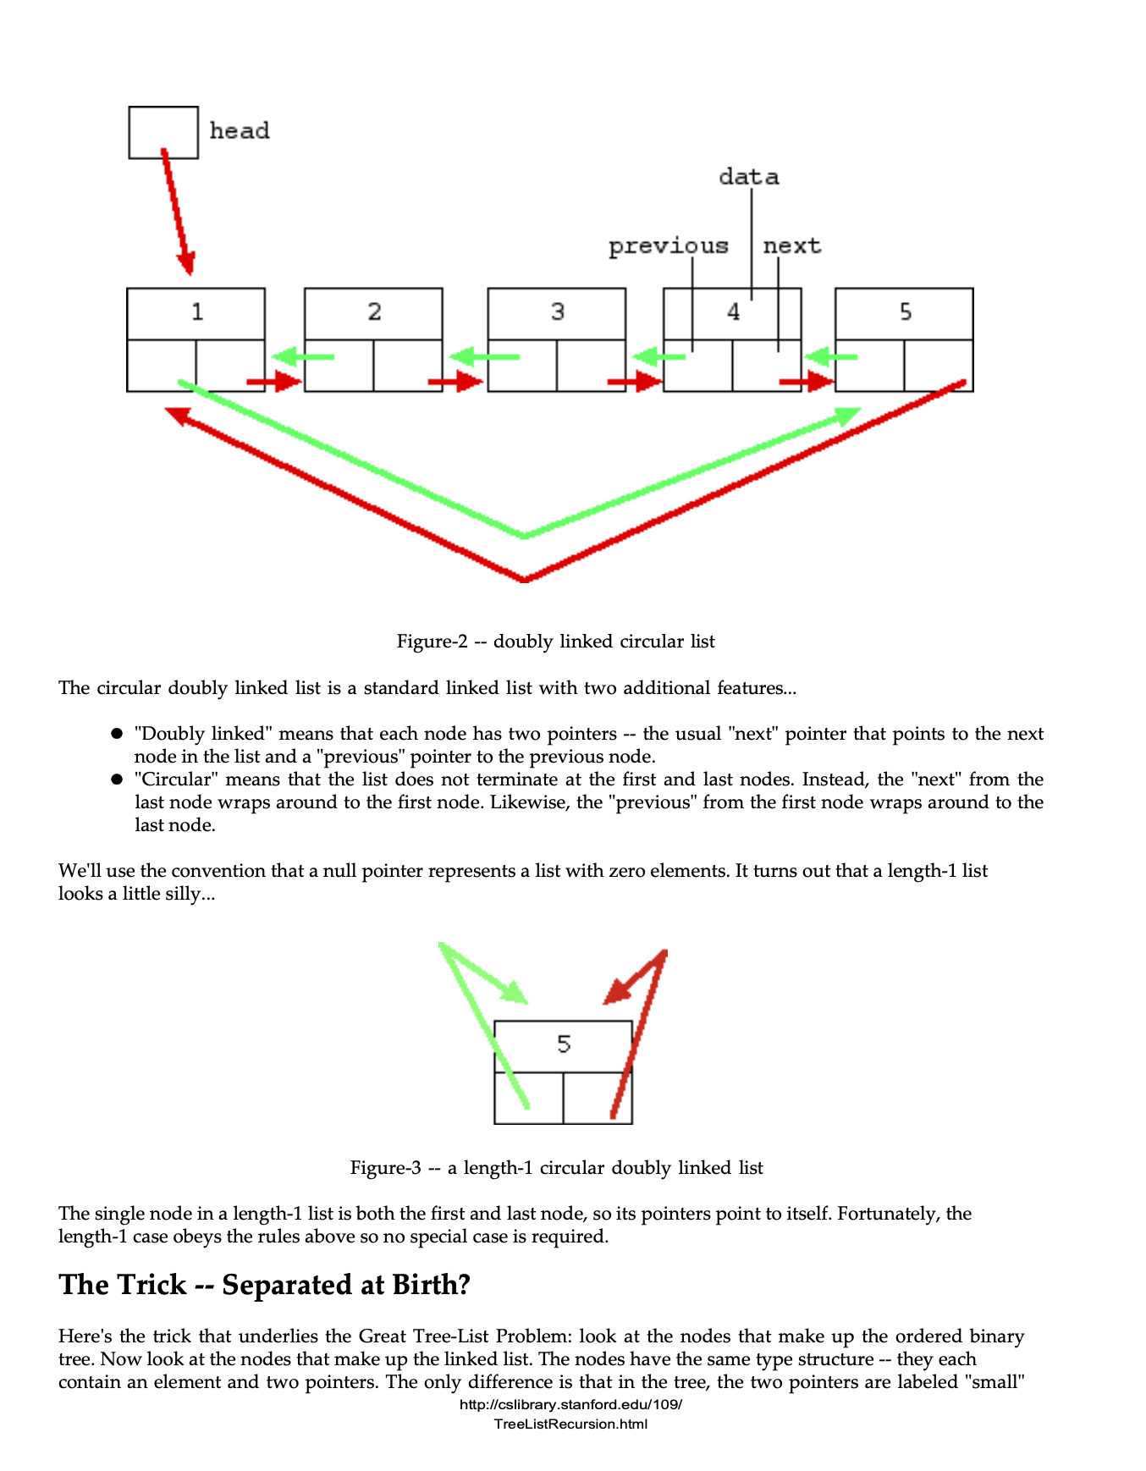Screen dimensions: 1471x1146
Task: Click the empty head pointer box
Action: pos(163,132)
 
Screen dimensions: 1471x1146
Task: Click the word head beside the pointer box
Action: pos(240,131)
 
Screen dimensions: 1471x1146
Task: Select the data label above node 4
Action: pos(748,177)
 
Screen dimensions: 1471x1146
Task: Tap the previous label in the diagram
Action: pos(668,246)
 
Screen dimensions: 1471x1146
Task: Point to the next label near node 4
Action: pos(791,246)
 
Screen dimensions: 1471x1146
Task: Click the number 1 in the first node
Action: pos(197,312)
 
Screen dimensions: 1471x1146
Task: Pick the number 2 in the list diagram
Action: pos(374,312)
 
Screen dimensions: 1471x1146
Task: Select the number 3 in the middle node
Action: pos(557,312)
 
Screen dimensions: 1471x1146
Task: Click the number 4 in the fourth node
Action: pos(733,312)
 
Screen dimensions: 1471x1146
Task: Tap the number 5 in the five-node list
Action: pos(905,312)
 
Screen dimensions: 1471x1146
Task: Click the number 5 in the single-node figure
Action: pos(564,1044)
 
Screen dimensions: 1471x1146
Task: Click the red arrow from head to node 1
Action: pos(177,212)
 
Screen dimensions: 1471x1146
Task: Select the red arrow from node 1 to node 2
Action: pos(273,382)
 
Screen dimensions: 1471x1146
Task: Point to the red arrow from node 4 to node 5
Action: pos(805,382)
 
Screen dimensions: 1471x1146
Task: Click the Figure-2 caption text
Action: pos(555,642)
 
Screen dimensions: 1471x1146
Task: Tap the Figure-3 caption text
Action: pos(556,1168)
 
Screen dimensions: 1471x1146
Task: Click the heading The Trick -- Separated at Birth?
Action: pos(264,1285)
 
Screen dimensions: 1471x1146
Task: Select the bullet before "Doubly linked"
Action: pos(118,734)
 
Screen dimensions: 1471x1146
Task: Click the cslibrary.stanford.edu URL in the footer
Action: pos(570,1405)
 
